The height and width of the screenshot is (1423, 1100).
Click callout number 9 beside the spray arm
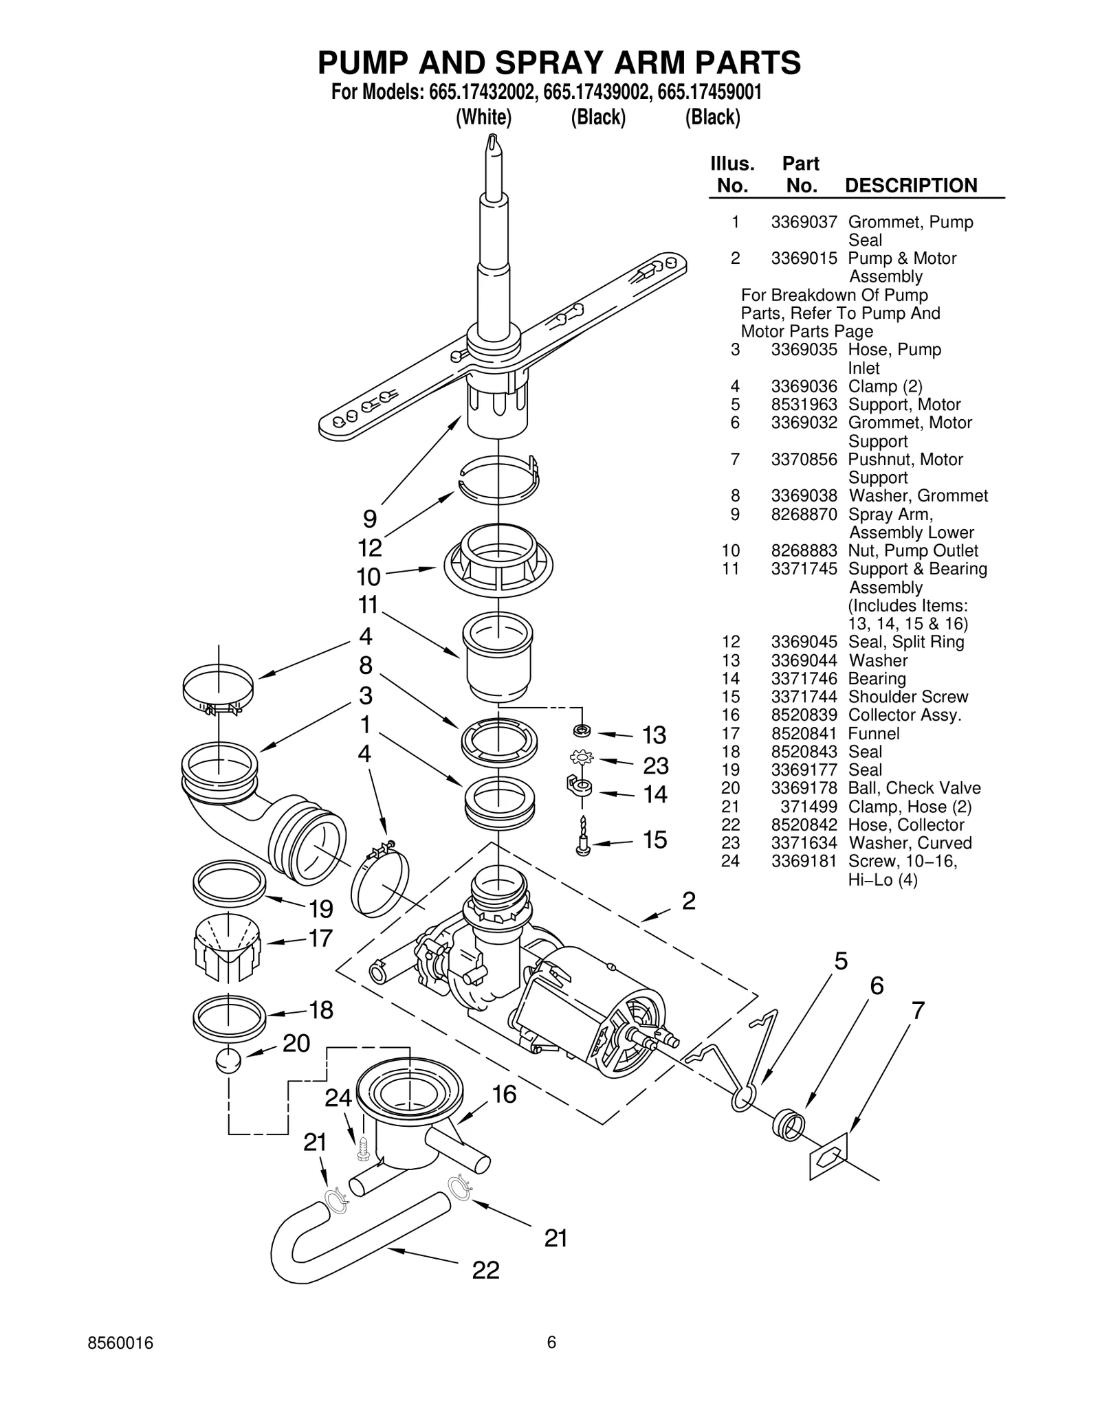coord(370,518)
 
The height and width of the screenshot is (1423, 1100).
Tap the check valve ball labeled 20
coord(228,1060)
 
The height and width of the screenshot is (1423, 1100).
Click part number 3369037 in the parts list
coord(804,222)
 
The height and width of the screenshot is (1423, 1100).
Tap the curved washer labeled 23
coord(582,759)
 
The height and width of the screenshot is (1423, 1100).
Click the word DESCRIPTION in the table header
coord(910,186)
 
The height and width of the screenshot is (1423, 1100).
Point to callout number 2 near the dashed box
coord(688,901)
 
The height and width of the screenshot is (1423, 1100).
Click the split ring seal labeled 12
coord(499,478)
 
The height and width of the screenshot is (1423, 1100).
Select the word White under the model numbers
coord(484,117)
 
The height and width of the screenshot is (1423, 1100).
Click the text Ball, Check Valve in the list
coord(914,788)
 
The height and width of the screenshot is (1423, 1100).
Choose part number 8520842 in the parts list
coord(804,825)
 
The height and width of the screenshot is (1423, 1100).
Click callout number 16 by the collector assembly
coord(504,1094)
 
